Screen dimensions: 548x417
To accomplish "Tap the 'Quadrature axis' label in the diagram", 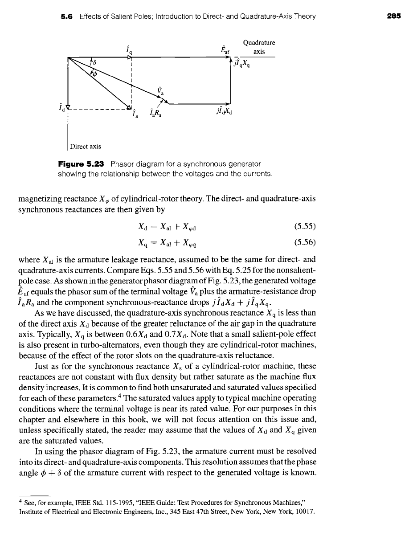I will [x=259, y=47].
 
